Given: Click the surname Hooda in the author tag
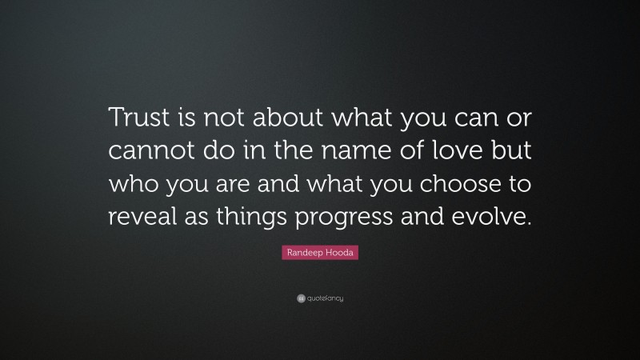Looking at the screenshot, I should (341, 253).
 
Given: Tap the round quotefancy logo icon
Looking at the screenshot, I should (300, 298).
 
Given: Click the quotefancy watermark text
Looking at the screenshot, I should (325, 298).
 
